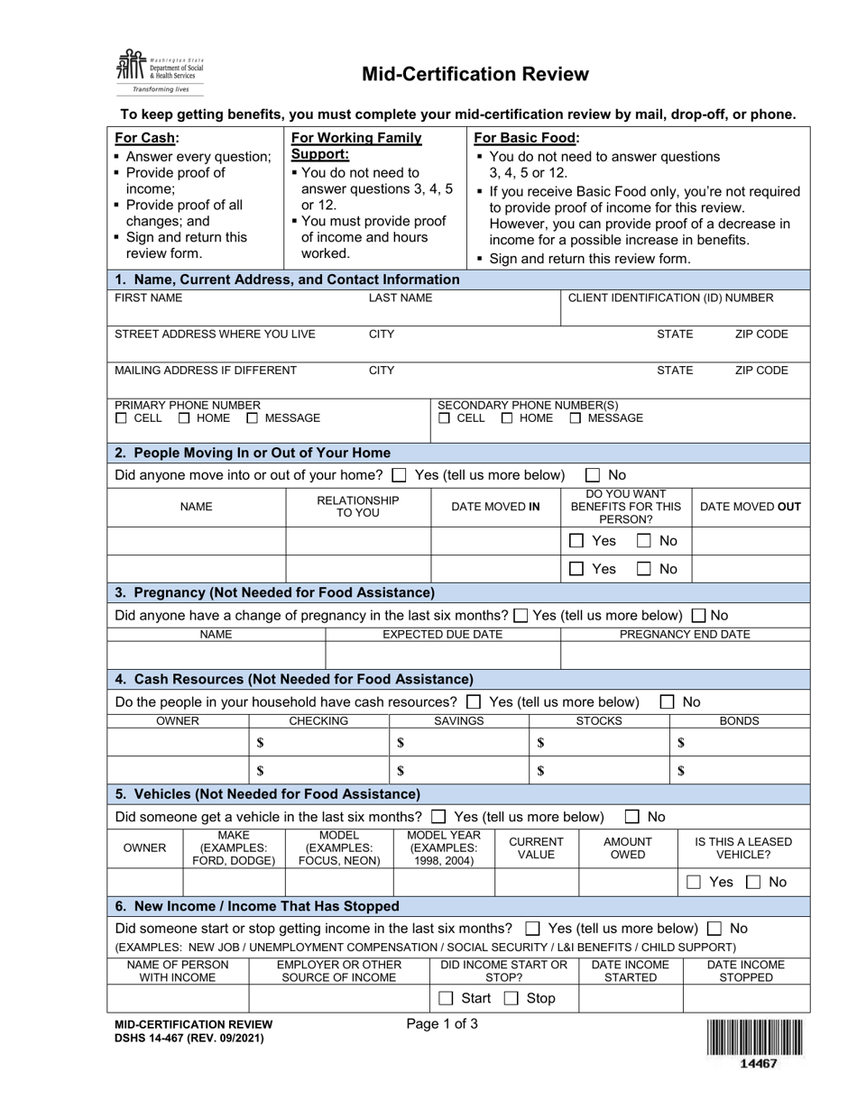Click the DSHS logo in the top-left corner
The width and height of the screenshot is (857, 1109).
tap(159, 70)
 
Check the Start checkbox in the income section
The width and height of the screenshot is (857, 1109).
tap(446, 998)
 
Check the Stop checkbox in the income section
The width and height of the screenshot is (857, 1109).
tap(511, 998)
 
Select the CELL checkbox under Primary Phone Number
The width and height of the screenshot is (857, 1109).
tap(121, 418)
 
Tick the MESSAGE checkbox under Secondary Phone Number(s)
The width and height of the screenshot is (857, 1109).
tap(576, 418)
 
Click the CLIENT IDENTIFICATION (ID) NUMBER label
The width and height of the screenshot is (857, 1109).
tap(669, 298)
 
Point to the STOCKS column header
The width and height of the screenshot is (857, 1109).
tap(599, 721)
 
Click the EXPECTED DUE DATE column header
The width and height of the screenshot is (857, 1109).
tap(443, 635)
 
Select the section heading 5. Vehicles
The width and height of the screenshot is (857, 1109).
tap(268, 794)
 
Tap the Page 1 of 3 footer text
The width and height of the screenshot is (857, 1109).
tap(442, 1023)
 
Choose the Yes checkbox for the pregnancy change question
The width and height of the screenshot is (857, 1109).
tap(521, 616)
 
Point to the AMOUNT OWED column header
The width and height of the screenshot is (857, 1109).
tap(628, 848)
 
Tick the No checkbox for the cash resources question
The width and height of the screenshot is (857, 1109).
tap(668, 701)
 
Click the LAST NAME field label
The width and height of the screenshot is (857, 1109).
tap(401, 298)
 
